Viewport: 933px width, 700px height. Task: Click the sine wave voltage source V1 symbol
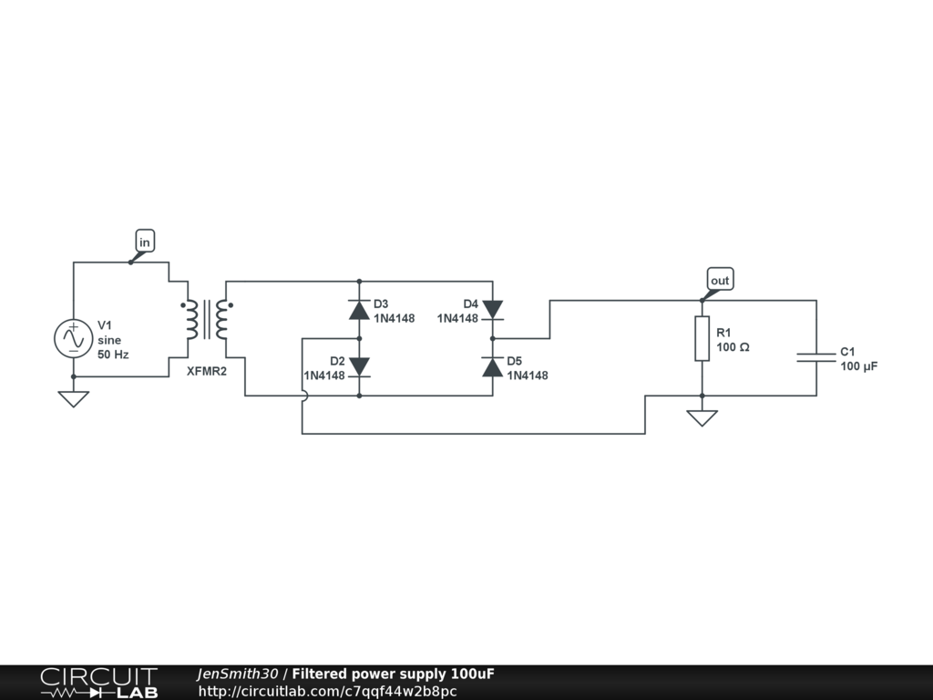click(x=72, y=338)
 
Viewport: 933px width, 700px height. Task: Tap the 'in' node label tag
click(x=144, y=242)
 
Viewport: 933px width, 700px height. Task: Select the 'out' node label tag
click(x=720, y=280)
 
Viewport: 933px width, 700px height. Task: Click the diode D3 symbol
click(x=359, y=310)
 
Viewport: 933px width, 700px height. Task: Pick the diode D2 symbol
click(x=359, y=367)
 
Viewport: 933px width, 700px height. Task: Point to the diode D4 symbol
click(x=492, y=310)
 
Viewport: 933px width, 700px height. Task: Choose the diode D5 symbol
click(x=492, y=367)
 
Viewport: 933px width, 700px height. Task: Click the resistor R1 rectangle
click(x=702, y=338)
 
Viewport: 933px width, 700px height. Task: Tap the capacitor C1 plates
click(x=816, y=356)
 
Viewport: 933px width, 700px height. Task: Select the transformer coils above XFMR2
click(x=206, y=319)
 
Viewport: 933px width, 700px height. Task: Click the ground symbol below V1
click(x=72, y=398)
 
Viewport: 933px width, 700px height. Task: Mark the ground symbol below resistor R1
click(x=702, y=417)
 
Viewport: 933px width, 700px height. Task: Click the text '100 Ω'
click(x=733, y=347)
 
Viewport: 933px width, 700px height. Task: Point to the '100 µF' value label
click(x=859, y=366)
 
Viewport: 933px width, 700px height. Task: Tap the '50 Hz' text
click(x=113, y=354)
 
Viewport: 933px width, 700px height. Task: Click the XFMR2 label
click(x=207, y=371)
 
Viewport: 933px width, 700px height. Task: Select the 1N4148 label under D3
click(x=394, y=318)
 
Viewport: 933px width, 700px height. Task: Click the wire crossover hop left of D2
click(x=303, y=396)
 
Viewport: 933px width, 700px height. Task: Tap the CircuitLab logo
click(x=98, y=683)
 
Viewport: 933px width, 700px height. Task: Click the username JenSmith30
click(x=237, y=674)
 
